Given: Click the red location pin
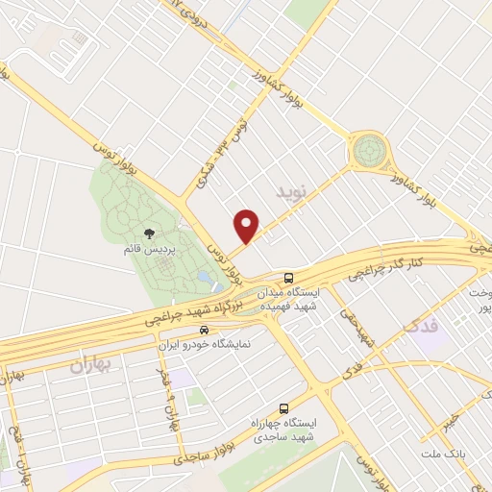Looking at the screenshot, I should [247, 224].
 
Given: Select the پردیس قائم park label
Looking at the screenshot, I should [148, 249].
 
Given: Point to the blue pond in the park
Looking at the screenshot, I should [204, 279].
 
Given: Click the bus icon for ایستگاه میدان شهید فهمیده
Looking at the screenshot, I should [290, 277].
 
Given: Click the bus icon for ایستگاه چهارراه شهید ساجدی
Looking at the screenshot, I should [283, 407].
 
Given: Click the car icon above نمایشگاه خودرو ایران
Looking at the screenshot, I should [203, 330].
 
